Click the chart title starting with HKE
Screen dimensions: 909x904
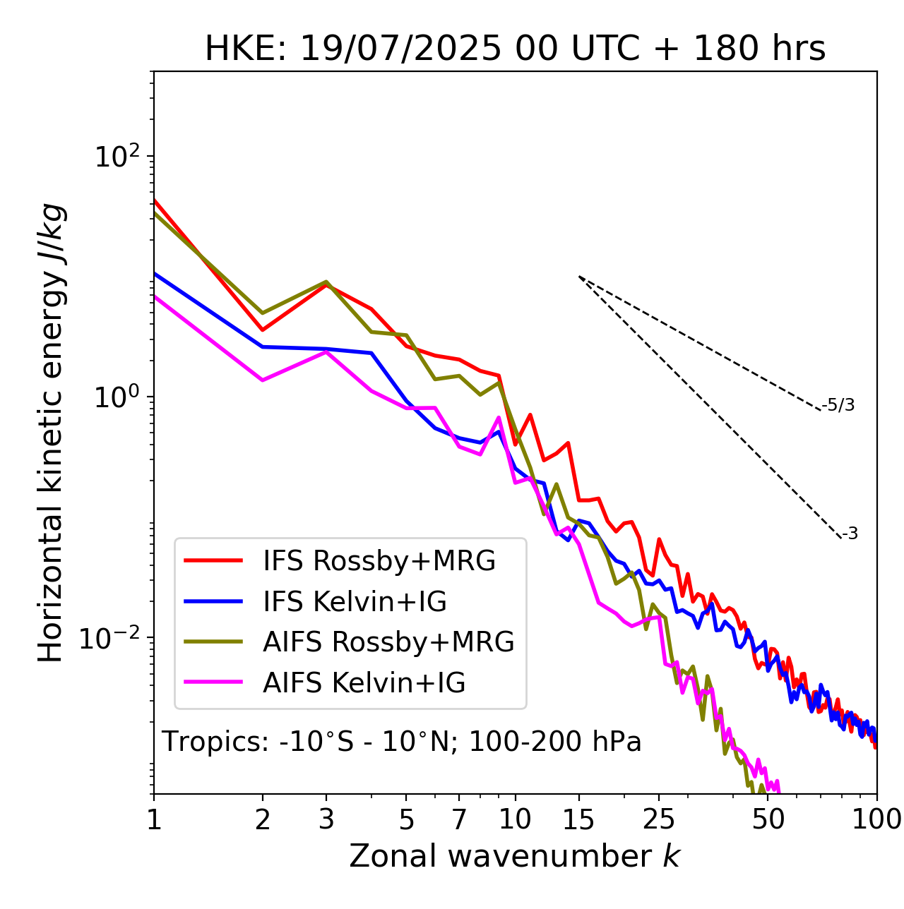pos(515,49)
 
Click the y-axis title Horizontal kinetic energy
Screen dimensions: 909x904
pos(52,432)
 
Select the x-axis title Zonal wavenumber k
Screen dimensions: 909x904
pos(515,855)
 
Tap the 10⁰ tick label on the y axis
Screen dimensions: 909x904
pos(117,397)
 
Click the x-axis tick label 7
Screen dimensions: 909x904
pos(459,819)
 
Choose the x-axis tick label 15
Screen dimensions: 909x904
pos(578,819)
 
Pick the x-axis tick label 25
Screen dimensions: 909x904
pos(659,819)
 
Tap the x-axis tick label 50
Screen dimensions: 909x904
pos(768,819)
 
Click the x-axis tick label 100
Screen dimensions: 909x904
pos(876,819)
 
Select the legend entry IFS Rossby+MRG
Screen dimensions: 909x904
pos(379,561)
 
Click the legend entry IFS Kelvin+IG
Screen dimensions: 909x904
pos(355,601)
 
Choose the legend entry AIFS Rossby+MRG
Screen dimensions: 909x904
pos(388,642)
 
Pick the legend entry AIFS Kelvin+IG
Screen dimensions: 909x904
pos(364,683)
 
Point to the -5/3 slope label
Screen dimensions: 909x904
pos(839,406)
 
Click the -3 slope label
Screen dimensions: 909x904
pos(850,534)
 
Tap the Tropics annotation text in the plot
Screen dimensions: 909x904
pos(402,742)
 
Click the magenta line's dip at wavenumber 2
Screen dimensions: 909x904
pos(263,380)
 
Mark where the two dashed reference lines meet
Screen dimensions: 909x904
pos(579,277)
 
